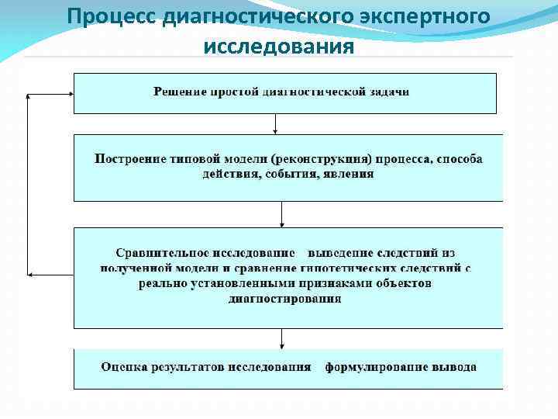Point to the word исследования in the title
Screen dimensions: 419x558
tap(279, 46)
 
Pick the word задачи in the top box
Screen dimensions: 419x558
tap(389, 92)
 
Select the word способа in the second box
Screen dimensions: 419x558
tap(459, 159)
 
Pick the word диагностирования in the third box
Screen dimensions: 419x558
tap(285, 299)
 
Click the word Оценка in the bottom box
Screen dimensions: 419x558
tap(122, 367)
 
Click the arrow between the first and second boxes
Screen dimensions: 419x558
tap(276, 123)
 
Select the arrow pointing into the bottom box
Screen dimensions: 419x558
tap(281, 338)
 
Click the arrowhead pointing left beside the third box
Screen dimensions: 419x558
tap(31, 275)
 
